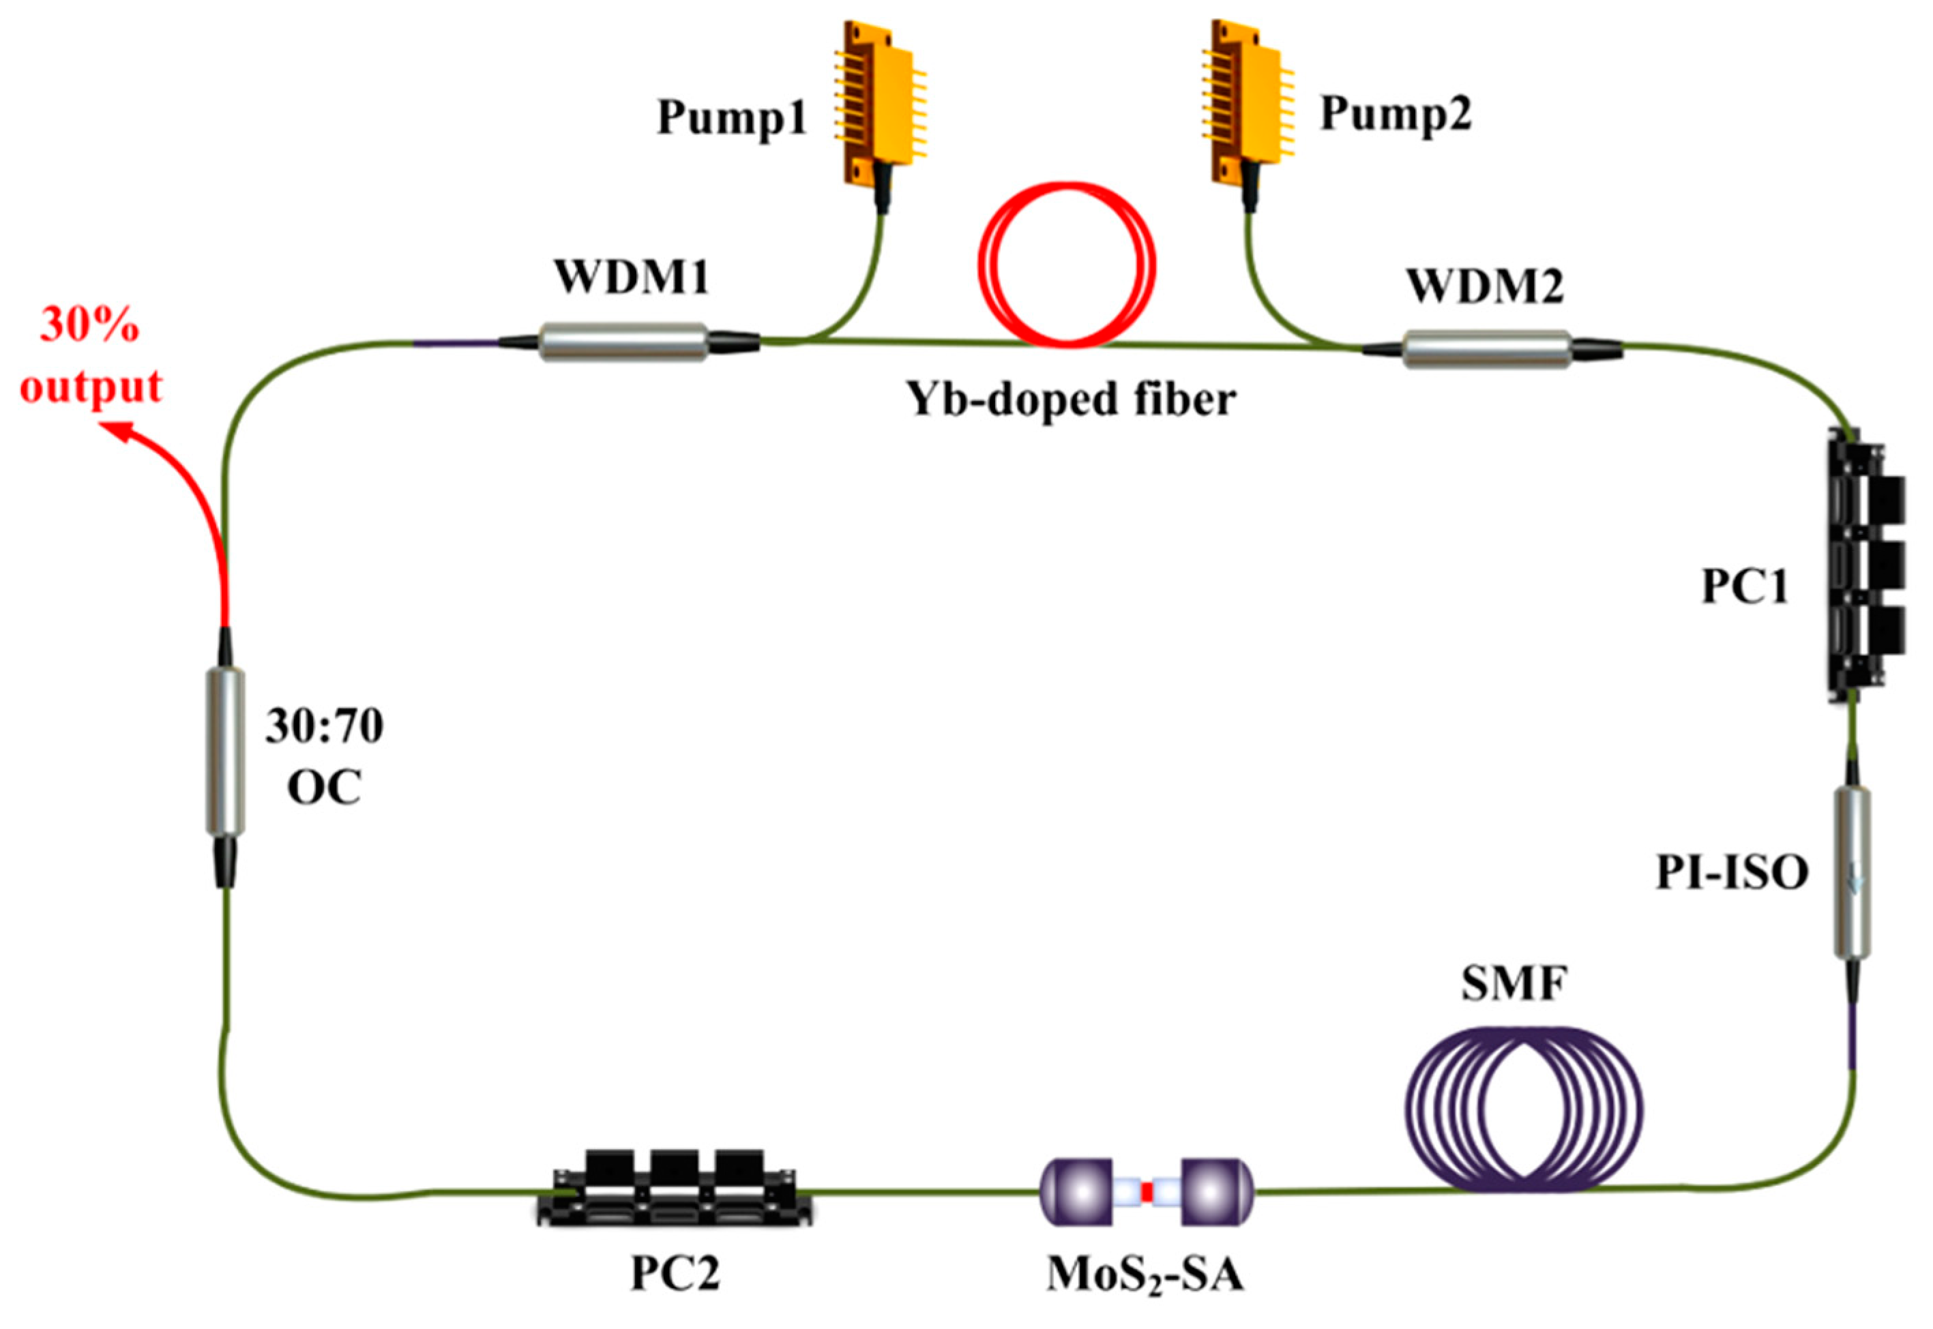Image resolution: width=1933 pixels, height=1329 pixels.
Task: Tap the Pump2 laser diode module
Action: pos(1248,100)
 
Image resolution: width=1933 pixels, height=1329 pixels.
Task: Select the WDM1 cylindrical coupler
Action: pos(623,342)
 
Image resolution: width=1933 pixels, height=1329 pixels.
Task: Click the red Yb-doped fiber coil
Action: pos(1067,265)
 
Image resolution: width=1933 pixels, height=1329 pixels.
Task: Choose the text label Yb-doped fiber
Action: pos(1071,400)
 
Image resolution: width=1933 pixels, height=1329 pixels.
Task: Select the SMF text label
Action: pos(1514,983)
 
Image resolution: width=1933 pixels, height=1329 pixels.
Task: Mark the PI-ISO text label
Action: pos(1732,873)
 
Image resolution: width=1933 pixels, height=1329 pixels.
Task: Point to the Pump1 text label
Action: pos(732,117)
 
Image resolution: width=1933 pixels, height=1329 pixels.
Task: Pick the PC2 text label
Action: pos(675,1273)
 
